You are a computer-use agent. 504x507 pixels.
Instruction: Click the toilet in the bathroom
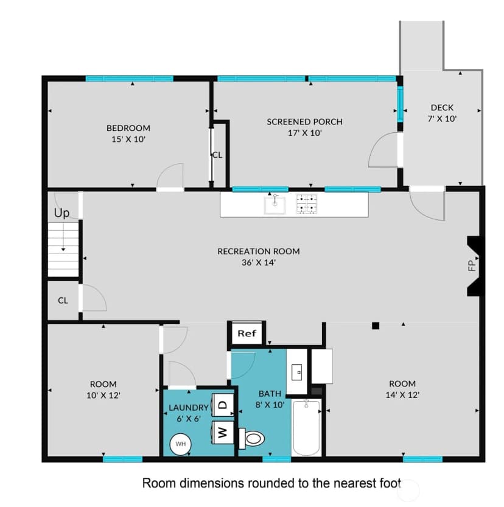pos(251,439)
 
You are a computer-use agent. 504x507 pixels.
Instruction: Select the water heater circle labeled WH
pos(181,444)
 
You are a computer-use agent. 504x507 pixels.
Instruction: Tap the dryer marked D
pos(223,405)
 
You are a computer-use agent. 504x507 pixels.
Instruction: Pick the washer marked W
pos(223,432)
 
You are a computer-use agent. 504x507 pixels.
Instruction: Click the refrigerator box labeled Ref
pos(247,333)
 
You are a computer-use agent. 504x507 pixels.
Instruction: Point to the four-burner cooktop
pos(307,204)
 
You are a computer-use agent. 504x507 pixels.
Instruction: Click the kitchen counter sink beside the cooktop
pos(275,205)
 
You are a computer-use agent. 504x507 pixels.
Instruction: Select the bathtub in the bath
pos(306,427)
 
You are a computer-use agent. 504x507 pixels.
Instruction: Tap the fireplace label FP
pos(472,266)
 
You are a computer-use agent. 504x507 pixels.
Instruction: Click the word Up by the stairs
pos(61,213)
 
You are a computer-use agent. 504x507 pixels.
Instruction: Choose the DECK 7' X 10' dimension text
pos(442,119)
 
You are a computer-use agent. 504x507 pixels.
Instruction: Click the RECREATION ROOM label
pos(259,251)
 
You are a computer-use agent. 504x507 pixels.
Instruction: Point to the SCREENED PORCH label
pos(305,122)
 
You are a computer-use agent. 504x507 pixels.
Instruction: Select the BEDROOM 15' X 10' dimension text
pos(128,140)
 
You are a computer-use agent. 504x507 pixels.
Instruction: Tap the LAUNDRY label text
pos(189,408)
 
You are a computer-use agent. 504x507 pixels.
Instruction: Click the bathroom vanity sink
pos(297,372)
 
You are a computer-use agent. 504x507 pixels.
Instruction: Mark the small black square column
pos(376,325)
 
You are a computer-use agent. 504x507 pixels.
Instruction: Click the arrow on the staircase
pos(63,238)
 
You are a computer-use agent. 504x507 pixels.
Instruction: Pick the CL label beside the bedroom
pos(217,155)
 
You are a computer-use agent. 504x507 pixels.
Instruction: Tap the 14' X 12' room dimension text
pos(402,395)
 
